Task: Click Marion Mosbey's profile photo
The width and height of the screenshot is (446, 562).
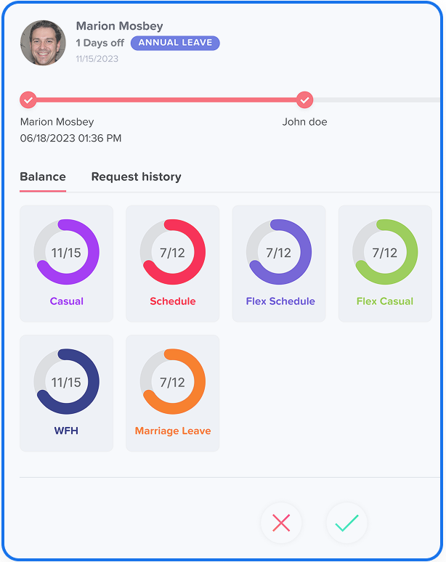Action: pyautogui.click(x=43, y=43)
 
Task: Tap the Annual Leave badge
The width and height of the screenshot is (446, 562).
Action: pyautogui.click(x=175, y=43)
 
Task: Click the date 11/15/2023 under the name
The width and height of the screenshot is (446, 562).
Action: pyautogui.click(x=97, y=59)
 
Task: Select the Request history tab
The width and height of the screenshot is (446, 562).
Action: pyautogui.click(x=136, y=176)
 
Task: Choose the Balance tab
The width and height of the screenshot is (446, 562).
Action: pyautogui.click(x=43, y=176)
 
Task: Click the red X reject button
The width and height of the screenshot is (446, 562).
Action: pyautogui.click(x=281, y=523)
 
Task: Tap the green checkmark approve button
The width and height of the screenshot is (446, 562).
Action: pyautogui.click(x=346, y=523)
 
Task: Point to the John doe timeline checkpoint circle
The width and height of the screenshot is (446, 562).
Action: pyautogui.click(x=305, y=99)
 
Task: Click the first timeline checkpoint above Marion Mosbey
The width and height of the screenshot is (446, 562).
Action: pyautogui.click(x=28, y=99)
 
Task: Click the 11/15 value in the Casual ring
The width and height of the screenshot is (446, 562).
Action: pyautogui.click(x=66, y=253)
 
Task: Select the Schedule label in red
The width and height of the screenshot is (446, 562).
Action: pyautogui.click(x=173, y=301)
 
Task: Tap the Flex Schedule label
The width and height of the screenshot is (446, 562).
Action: pyautogui.click(x=280, y=301)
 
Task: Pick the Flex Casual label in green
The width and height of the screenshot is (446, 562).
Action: pyautogui.click(x=385, y=301)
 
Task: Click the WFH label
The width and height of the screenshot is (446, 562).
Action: pyautogui.click(x=66, y=431)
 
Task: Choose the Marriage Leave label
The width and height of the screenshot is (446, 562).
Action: pyautogui.click(x=173, y=431)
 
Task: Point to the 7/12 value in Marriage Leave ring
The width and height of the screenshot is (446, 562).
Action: pyautogui.click(x=173, y=382)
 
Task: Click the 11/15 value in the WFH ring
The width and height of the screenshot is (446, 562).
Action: pyautogui.click(x=66, y=382)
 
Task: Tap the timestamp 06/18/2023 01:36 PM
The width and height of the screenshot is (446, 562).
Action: pyautogui.click(x=70, y=138)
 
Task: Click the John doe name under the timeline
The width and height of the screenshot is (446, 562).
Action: pyautogui.click(x=304, y=122)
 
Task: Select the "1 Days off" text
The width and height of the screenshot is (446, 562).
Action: pyautogui.click(x=100, y=43)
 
